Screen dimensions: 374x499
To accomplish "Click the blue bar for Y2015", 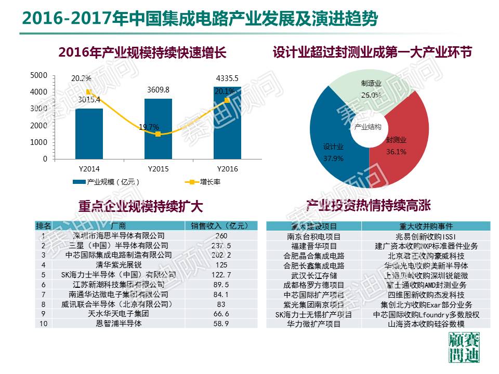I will coord(158,130).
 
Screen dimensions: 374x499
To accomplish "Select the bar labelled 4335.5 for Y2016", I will coord(227,125).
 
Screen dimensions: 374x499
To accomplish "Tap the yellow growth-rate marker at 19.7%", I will coord(158,134).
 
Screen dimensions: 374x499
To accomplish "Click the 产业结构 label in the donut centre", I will coord(368,127).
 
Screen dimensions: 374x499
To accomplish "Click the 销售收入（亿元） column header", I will coord(221,226).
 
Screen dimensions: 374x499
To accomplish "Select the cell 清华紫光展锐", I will coord(119,265).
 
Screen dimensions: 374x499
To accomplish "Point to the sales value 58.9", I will coord(221,324).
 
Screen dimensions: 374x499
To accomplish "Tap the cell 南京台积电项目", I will coord(313,236).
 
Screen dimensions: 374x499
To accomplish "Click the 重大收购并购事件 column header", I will coord(426,226).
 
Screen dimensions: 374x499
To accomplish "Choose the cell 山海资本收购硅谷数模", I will coord(426,324).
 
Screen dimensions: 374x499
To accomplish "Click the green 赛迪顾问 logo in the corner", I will coord(464,349).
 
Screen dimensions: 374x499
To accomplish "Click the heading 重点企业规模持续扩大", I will coord(140,206).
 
